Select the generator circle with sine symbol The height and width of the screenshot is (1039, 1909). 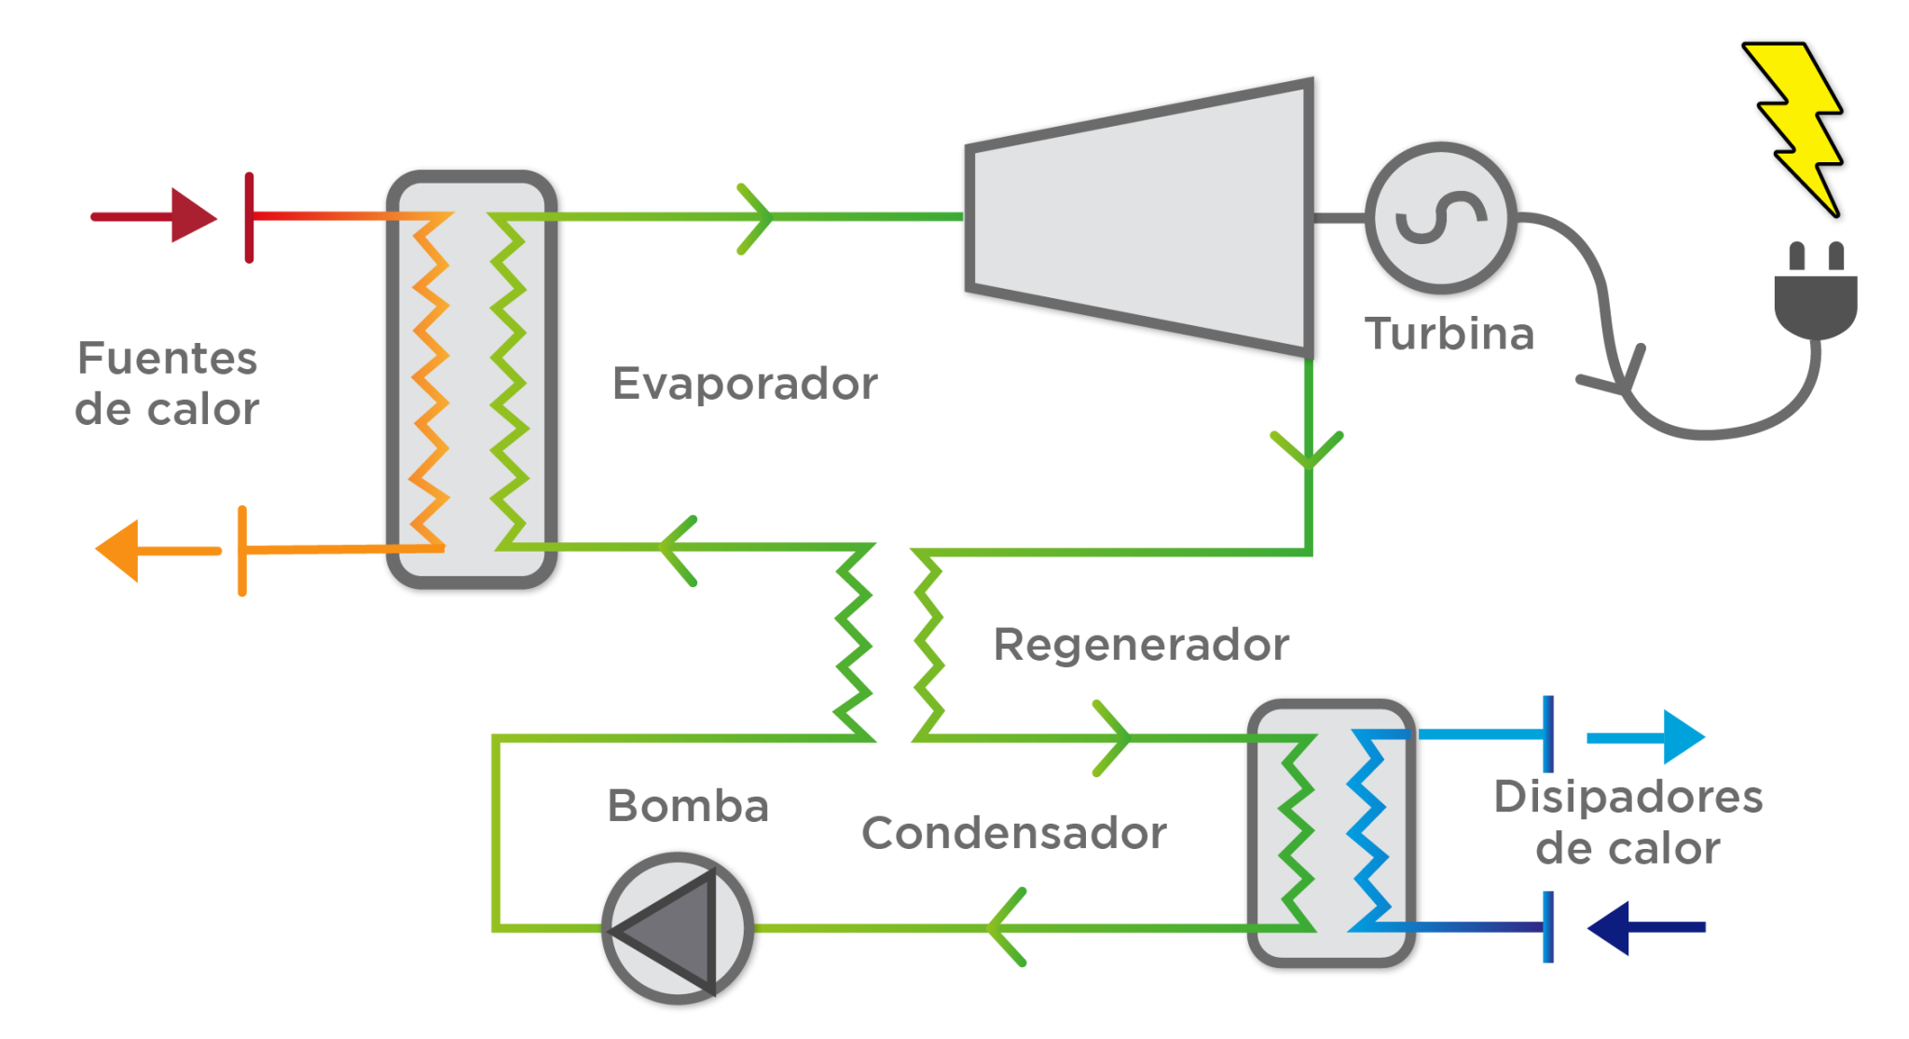[1440, 218]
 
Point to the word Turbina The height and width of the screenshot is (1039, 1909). [1449, 335]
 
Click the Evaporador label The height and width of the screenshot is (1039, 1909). [745, 384]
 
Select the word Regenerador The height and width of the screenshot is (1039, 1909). [1141, 645]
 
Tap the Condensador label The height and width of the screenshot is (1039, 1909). [1014, 833]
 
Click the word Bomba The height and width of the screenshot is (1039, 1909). [688, 806]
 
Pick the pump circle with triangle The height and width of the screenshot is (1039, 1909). [677, 928]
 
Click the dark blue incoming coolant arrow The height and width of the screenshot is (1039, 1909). [1645, 927]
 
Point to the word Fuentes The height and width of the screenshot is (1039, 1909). [168, 359]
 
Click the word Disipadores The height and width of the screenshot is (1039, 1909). [1627, 798]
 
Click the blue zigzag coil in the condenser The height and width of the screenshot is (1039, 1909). [1368, 829]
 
